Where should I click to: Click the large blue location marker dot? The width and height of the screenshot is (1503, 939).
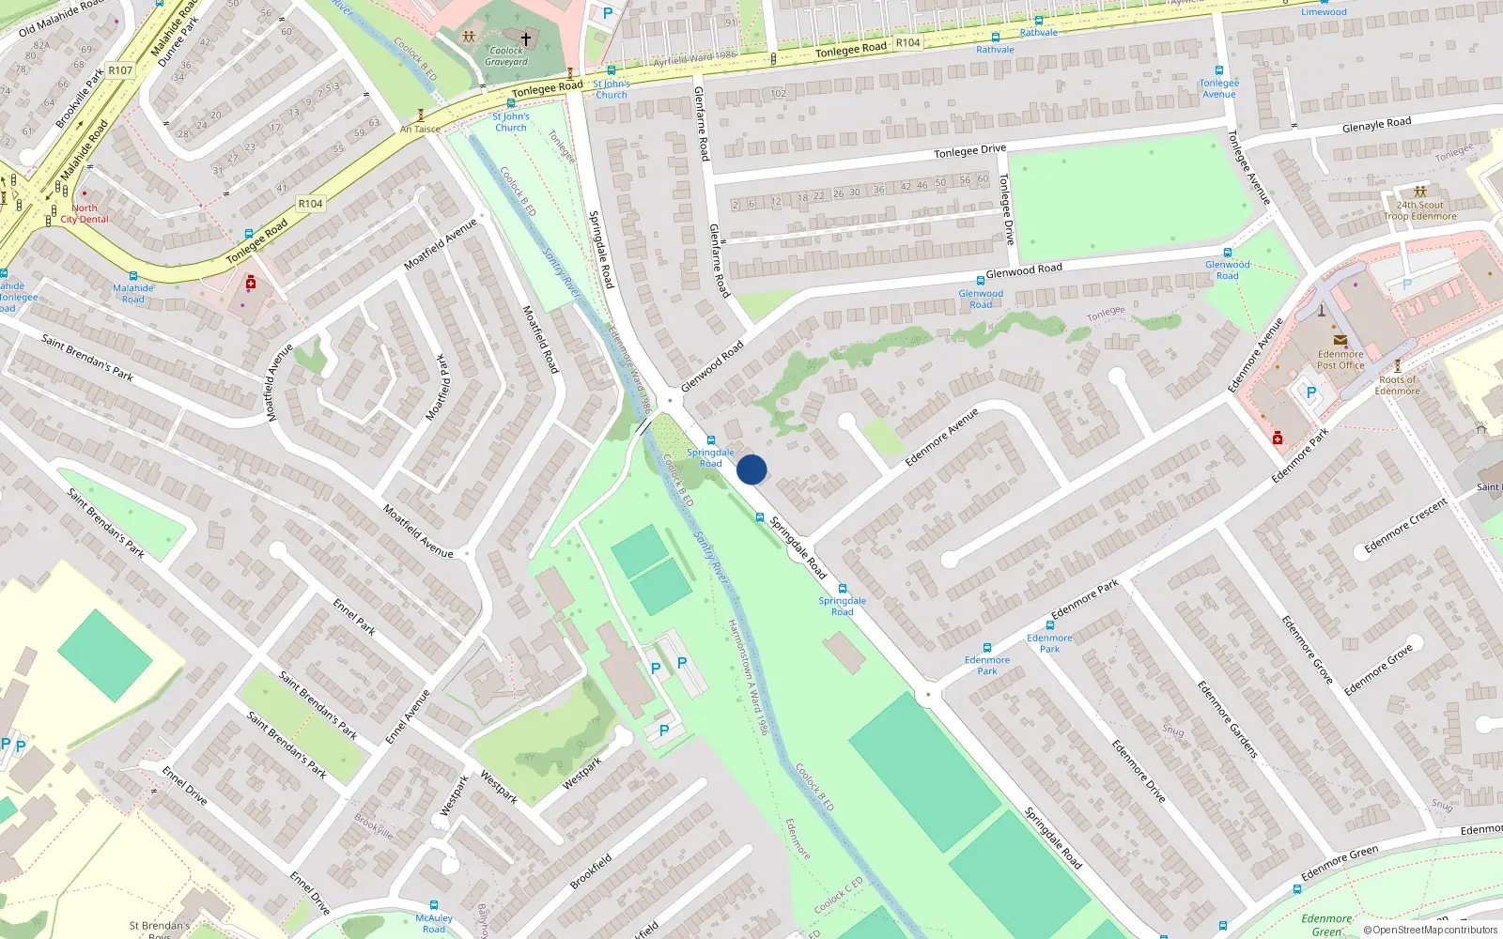(751, 469)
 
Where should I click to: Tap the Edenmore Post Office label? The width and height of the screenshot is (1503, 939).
(1340, 360)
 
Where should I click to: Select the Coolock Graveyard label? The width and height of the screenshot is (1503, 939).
(506, 56)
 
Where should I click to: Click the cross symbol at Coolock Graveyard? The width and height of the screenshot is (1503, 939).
(526, 39)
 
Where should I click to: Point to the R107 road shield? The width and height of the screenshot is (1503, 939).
(120, 70)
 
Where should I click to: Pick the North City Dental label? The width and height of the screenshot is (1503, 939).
(85, 214)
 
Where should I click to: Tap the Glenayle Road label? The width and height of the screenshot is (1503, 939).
(1376, 125)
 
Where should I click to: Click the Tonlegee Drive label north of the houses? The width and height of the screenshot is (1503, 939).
(969, 151)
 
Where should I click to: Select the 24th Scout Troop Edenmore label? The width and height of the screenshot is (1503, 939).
(1419, 210)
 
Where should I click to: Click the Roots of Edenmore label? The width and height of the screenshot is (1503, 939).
(1397, 385)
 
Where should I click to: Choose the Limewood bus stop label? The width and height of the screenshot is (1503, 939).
(1324, 12)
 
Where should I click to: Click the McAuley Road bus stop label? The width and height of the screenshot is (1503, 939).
(434, 923)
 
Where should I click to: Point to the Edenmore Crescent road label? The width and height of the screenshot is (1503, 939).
(1405, 526)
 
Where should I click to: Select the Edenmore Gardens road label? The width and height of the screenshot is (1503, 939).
(1227, 719)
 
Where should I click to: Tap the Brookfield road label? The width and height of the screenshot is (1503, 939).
(591, 870)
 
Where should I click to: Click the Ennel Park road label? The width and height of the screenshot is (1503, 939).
(354, 617)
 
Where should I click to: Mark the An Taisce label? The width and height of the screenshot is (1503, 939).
(420, 129)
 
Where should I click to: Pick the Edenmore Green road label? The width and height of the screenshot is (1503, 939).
(1340, 864)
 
